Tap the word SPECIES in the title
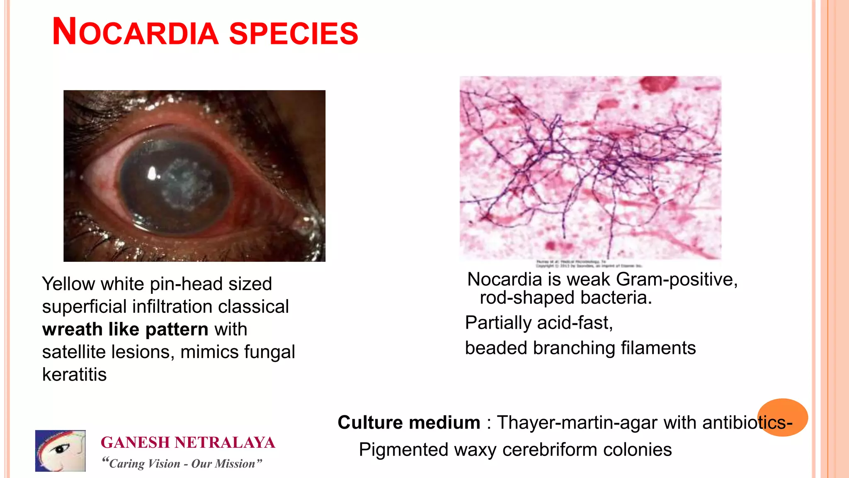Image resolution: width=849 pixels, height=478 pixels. pyautogui.click(x=294, y=33)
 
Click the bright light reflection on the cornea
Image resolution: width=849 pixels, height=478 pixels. pyautogui.click(x=152, y=173)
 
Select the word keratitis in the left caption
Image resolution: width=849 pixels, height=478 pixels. pyautogui.click(x=75, y=375)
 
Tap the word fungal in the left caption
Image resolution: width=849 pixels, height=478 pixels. pyautogui.click(x=269, y=352)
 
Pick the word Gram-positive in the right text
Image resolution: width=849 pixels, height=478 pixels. pyautogui.click(x=677, y=280)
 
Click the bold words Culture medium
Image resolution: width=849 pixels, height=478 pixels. pyautogui.click(x=409, y=423)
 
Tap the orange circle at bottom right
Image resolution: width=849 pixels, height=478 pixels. pyautogui.click(x=782, y=417)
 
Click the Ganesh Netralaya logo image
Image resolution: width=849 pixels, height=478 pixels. pyautogui.click(x=61, y=451)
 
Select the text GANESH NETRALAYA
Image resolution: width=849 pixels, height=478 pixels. pyautogui.click(x=188, y=443)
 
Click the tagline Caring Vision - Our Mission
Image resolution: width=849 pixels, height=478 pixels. pyautogui.click(x=182, y=463)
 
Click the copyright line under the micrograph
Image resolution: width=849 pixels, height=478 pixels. pyautogui.click(x=589, y=264)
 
